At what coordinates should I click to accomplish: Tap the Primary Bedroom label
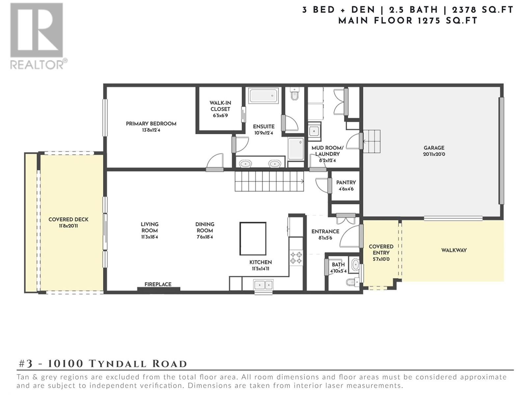click(151, 124)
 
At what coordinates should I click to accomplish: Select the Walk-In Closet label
click(220, 106)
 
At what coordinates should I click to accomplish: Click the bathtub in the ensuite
click(263, 95)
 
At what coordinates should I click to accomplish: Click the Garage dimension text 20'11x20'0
click(434, 154)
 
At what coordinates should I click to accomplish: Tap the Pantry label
click(346, 182)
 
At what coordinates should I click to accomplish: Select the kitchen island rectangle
click(253, 238)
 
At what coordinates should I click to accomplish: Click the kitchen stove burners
click(296, 258)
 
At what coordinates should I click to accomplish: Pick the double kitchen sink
click(263, 285)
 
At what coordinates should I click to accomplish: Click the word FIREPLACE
click(158, 284)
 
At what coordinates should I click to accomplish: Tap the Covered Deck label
click(69, 220)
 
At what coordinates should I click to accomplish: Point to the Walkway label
click(454, 250)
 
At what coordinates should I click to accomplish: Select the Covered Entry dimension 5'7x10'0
click(381, 259)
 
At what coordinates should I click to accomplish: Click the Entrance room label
click(325, 231)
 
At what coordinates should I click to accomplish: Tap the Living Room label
click(150, 227)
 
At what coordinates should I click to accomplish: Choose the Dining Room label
click(205, 227)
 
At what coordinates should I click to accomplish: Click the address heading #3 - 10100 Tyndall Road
click(103, 364)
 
